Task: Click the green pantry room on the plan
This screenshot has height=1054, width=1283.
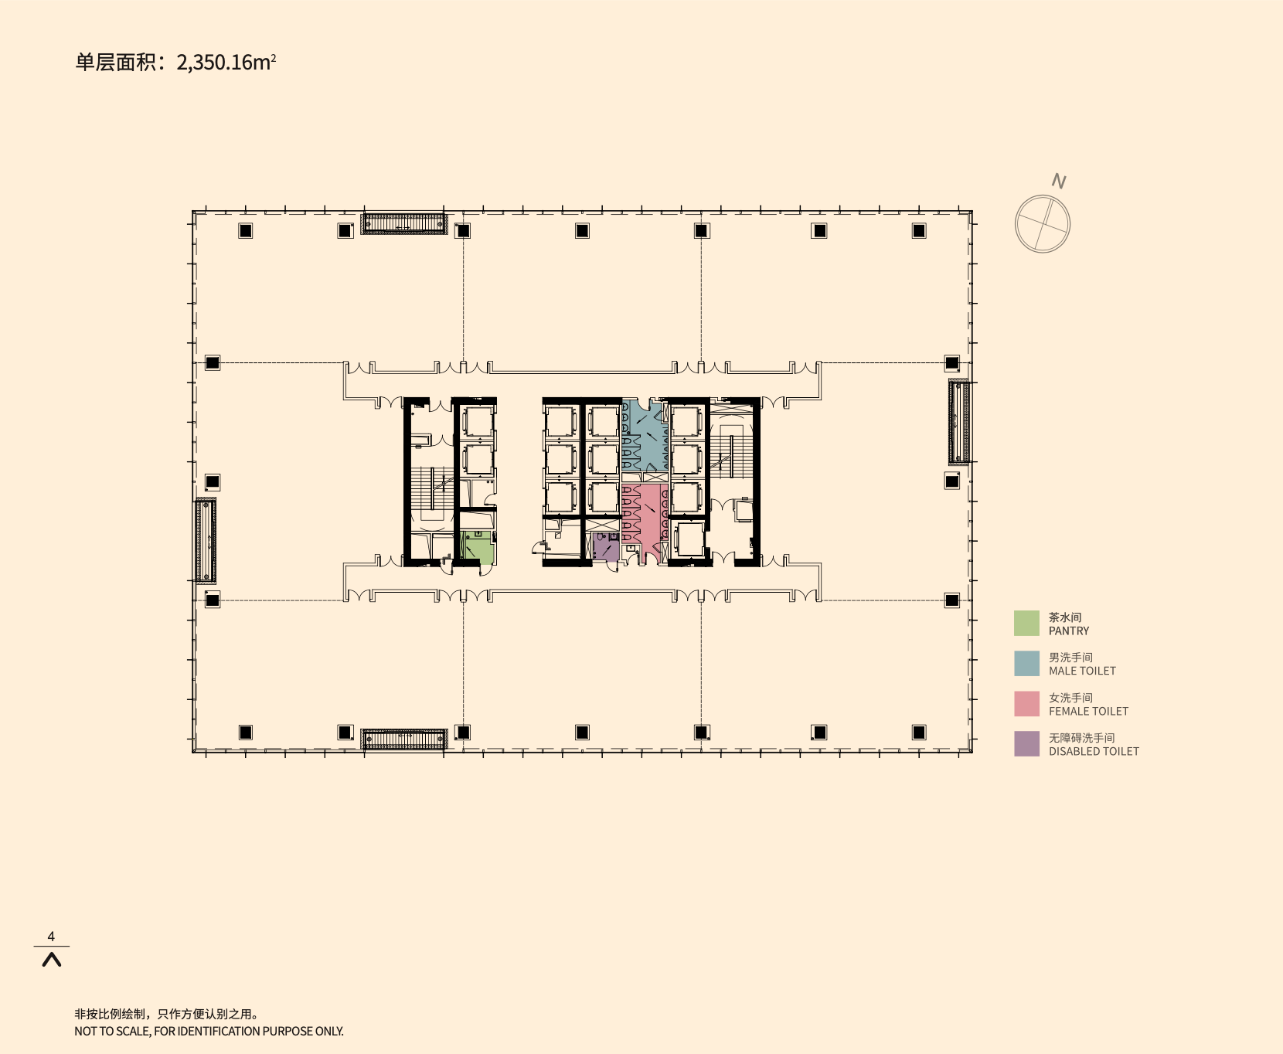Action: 478,549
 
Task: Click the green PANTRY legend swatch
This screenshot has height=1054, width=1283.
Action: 1026,624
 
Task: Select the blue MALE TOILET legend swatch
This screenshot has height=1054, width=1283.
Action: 1026,664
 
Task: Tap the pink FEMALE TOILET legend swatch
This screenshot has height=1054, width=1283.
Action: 1026,704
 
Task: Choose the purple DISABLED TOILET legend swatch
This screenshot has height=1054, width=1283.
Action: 1026,744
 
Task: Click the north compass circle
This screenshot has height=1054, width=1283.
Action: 1043,224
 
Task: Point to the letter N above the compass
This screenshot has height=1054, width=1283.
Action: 1059,181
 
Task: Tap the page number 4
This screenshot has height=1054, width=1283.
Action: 51,937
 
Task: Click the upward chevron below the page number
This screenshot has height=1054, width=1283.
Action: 51,960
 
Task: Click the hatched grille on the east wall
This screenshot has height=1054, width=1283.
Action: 959,422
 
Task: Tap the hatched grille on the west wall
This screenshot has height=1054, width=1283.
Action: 205,541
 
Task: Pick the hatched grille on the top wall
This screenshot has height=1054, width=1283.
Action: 405,223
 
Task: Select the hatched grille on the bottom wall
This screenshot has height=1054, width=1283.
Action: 404,739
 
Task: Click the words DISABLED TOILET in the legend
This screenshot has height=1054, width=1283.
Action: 1094,751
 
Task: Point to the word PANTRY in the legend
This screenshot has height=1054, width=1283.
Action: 1069,631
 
